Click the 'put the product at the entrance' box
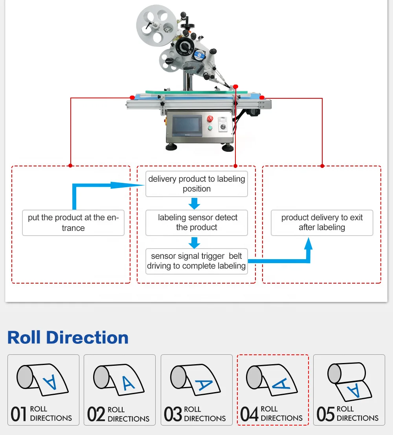[73, 223]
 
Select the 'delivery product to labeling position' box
[196, 184]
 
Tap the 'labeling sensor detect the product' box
[196, 223]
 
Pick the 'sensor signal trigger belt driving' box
[196, 261]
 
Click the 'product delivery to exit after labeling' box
[322, 223]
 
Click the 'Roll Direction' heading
[68, 337]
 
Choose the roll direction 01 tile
[43, 390]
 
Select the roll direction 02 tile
[119, 390]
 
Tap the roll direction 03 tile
[196, 390]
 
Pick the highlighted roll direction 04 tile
[273, 390]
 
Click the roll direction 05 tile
[349, 390]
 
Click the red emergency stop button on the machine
[210, 118]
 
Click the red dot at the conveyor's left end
[132, 98]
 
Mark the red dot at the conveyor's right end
[262, 98]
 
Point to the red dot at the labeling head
[235, 87]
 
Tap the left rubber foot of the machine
[171, 147]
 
